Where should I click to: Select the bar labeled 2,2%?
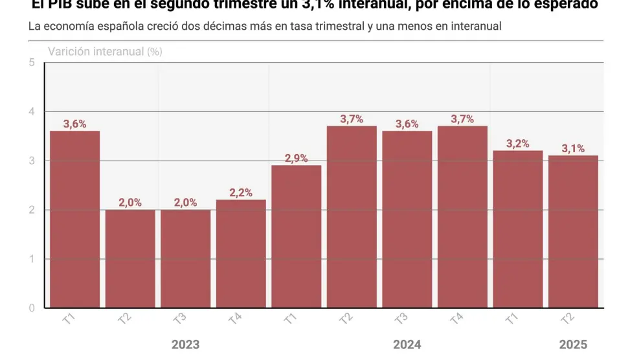[241, 253]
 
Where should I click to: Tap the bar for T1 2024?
[296, 236]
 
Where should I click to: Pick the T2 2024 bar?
[352, 216]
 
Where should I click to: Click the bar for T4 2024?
[462, 216]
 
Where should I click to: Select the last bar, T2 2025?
[573, 231]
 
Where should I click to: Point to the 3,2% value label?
[517, 144]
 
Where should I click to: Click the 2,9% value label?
[296, 158]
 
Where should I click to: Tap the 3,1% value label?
[573, 148]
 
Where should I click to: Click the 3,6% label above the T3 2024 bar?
[407, 124]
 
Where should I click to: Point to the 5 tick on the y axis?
[32, 63]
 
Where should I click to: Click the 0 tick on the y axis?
[32, 308]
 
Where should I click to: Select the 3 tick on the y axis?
[32, 161]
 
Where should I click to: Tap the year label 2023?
[185, 344]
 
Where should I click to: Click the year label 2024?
[407, 344]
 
